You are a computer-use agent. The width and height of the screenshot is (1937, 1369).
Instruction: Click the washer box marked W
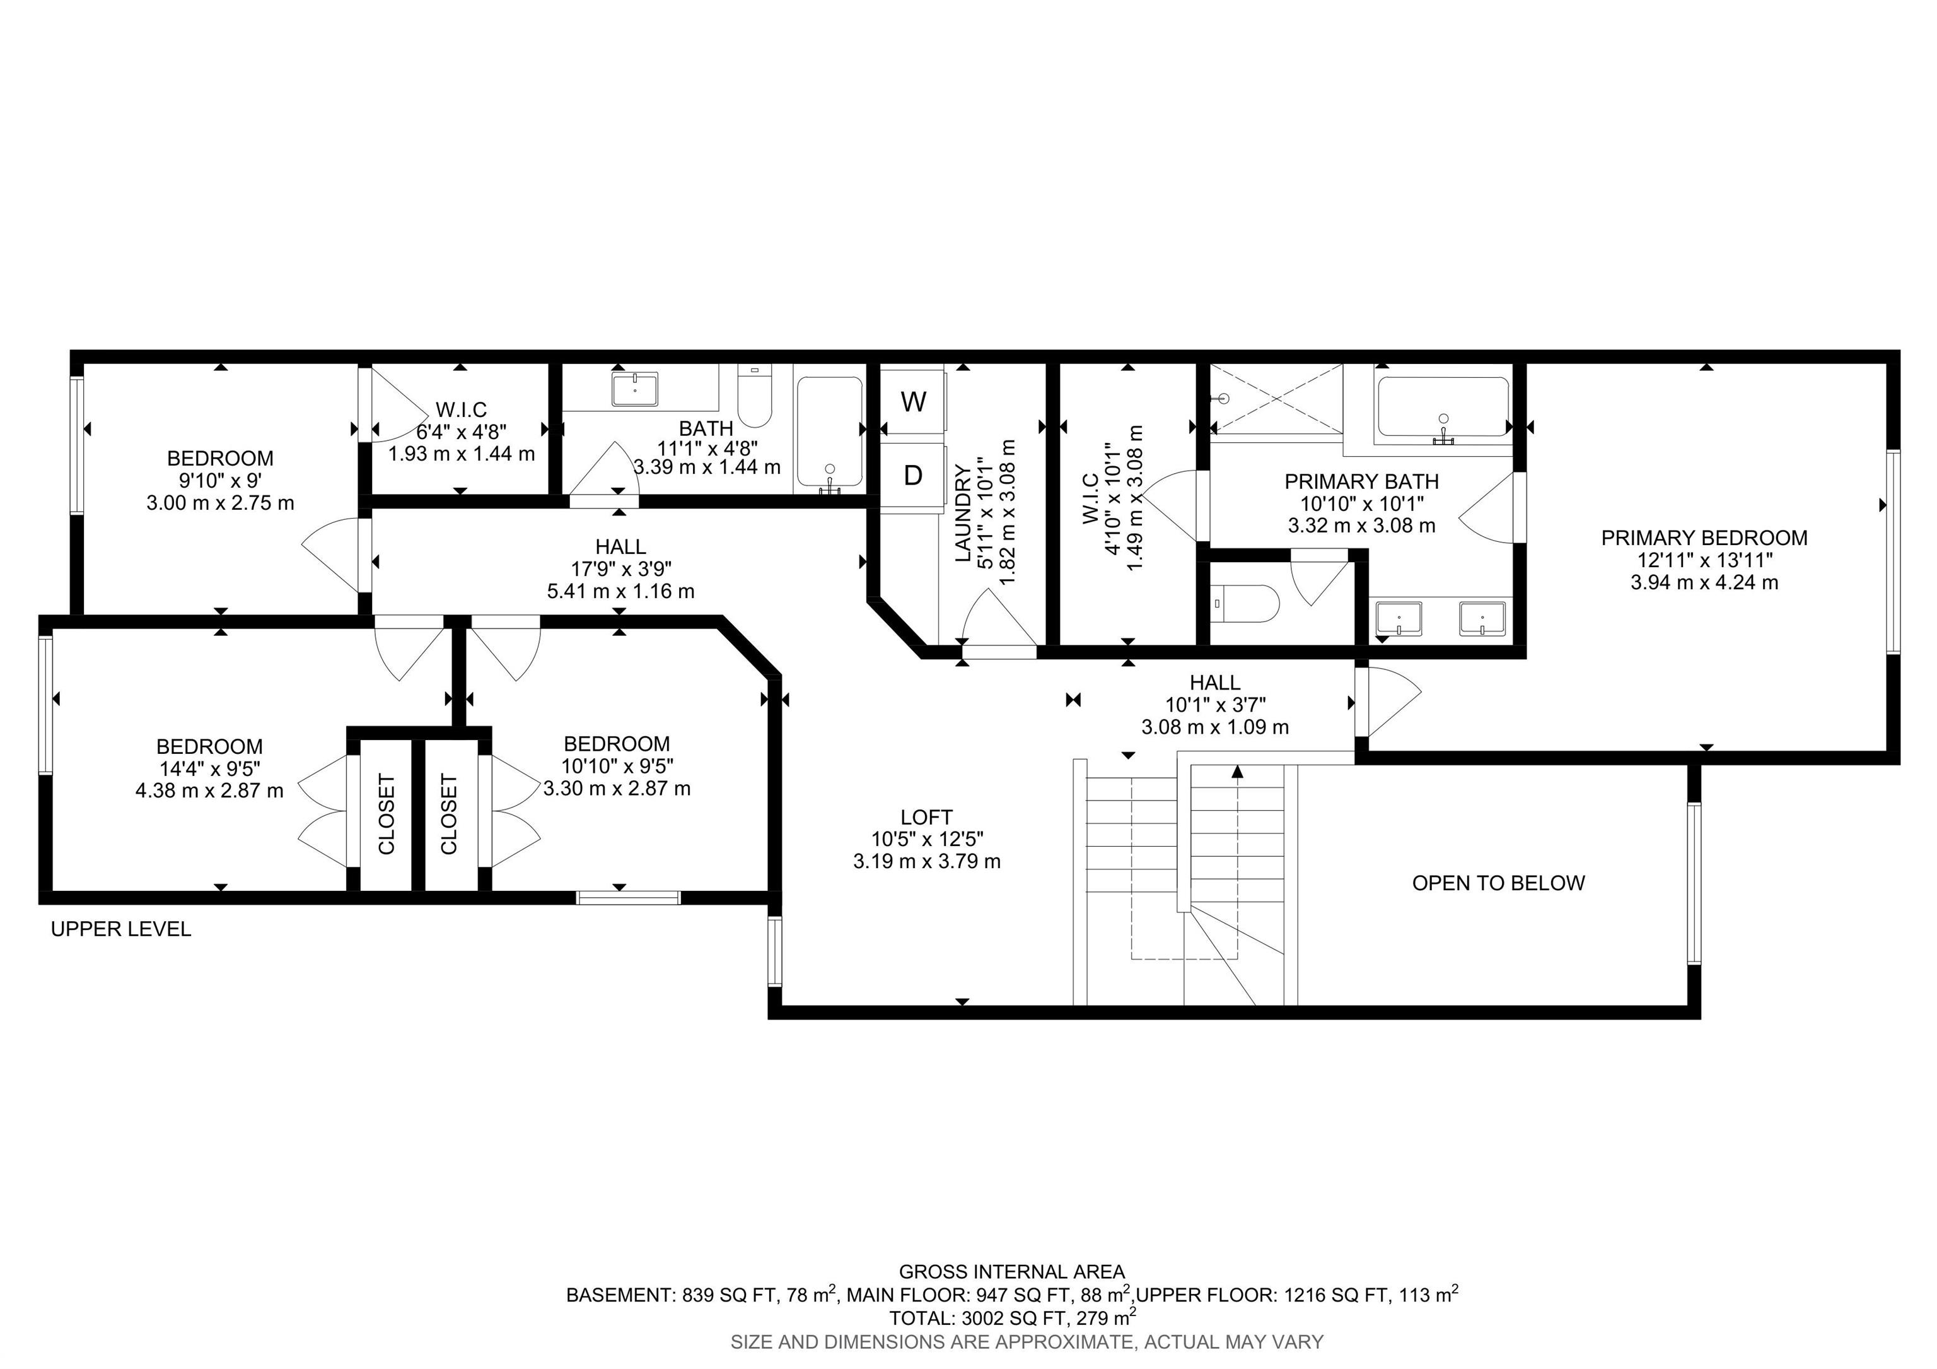click(x=913, y=402)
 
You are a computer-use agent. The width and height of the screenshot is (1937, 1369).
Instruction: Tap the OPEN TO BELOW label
click(x=1498, y=883)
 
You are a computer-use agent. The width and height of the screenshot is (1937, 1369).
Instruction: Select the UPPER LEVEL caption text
click(x=120, y=929)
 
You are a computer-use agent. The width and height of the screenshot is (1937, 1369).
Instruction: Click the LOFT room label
click(x=926, y=817)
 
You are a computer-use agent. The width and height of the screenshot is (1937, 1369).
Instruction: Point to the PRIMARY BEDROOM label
click(x=1704, y=538)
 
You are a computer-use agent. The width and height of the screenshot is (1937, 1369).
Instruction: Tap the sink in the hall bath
click(x=634, y=389)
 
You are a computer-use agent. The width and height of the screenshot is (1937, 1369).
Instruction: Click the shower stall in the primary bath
click(x=1276, y=399)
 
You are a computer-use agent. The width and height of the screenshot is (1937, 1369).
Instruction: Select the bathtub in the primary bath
click(x=1443, y=407)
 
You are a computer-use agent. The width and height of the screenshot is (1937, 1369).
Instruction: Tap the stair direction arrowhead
click(x=1238, y=770)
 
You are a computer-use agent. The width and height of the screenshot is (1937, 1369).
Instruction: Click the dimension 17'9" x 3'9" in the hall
click(x=621, y=569)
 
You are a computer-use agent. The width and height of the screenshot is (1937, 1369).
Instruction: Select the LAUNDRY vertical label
click(x=963, y=513)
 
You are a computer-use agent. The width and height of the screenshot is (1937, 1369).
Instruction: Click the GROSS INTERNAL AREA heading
click(x=1011, y=1272)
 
